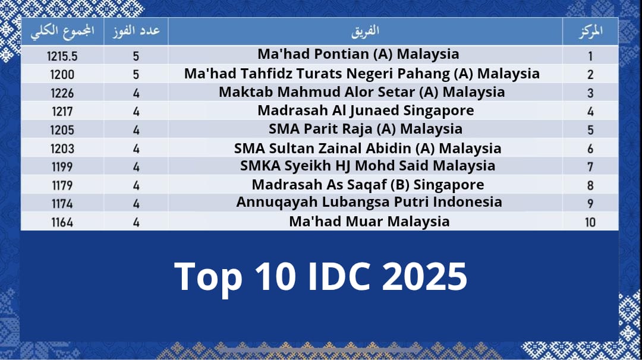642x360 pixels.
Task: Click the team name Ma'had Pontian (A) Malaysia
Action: (x=358, y=55)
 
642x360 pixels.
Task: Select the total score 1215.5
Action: (x=62, y=56)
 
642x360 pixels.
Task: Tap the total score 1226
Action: (x=62, y=93)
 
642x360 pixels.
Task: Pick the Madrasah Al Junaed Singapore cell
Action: (x=366, y=111)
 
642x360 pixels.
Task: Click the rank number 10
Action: (x=590, y=222)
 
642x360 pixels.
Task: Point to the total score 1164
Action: (x=62, y=222)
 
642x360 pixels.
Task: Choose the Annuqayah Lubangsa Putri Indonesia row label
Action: (x=369, y=202)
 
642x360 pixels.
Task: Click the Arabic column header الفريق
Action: (x=365, y=31)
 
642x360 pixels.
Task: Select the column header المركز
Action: (x=590, y=31)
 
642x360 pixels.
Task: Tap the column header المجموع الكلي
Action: (x=62, y=31)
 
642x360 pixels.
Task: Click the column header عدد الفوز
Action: (x=136, y=31)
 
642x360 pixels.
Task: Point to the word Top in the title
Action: (x=208, y=277)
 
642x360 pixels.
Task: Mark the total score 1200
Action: (x=62, y=74)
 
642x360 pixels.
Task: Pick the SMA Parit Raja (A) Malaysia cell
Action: (x=366, y=130)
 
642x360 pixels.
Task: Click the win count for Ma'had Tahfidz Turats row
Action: (x=136, y=74)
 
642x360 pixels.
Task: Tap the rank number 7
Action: (x=590, y=167)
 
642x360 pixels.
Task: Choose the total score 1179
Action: (x=62, y=185)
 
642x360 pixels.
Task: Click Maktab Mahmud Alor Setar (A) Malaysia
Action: (x=361, y=93)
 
